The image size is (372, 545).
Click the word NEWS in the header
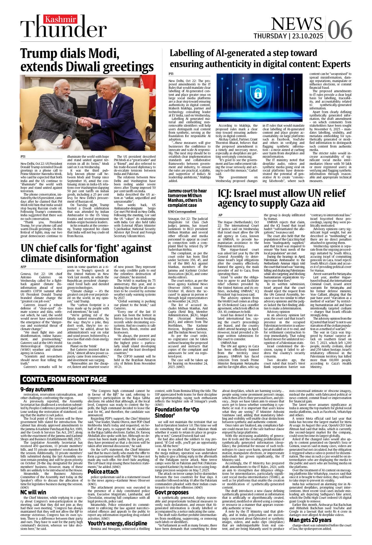tap(296, 24)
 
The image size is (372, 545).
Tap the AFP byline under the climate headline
tap(23, 267)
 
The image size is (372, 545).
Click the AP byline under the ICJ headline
tap(220, 215)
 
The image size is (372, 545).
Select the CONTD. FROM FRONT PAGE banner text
tap(65, 379)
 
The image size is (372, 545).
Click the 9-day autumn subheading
tap(37, 389)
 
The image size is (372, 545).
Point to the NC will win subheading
tap(33, 492)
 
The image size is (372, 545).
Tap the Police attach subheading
tap(103, 472)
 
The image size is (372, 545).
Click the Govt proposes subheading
tap(172, 492)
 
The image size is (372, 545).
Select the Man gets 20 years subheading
tap(310, 520)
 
